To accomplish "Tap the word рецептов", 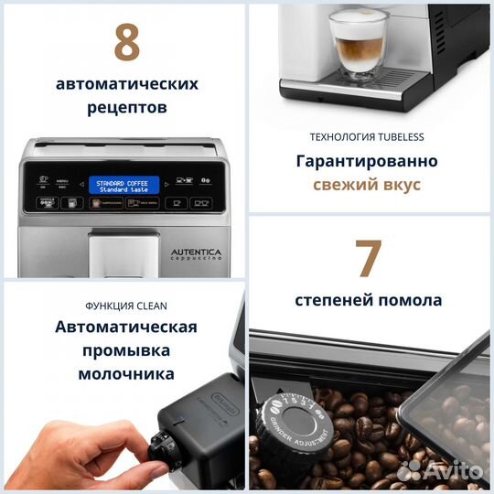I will click(126, 108).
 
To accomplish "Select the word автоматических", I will click(126, 83).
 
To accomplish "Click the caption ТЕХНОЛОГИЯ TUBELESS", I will click(367, 137).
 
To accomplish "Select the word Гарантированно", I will click(367, 161).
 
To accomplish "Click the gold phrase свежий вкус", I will click(367, 185).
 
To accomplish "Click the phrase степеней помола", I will click(368, 300).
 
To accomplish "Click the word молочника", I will click(126, 375).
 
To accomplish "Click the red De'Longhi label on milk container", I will click(222, 412).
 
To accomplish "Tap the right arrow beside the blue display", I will click(168, 184).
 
